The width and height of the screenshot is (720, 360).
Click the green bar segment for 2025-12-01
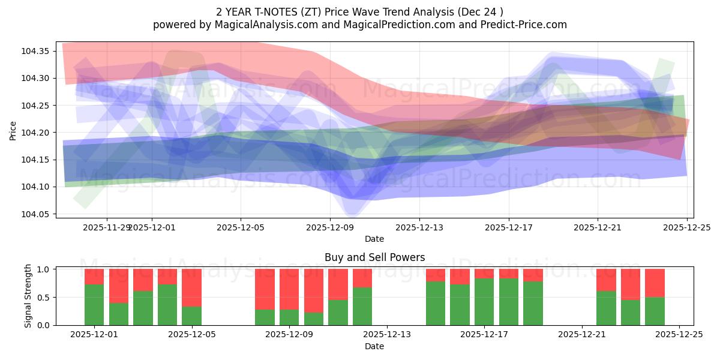(94, 305)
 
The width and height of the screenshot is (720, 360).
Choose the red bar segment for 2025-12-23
(631, 284)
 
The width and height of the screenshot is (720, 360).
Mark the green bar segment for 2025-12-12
(362, 306)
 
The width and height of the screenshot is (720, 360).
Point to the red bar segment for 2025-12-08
(265, 289)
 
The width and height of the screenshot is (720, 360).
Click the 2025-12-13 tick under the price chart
(419, 227)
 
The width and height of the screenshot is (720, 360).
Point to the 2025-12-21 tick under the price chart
(598, 227)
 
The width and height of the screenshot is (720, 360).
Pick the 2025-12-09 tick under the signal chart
(289, 335)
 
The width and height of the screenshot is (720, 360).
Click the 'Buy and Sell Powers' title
(374, 257)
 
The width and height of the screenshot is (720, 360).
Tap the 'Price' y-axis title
(13, 130)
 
